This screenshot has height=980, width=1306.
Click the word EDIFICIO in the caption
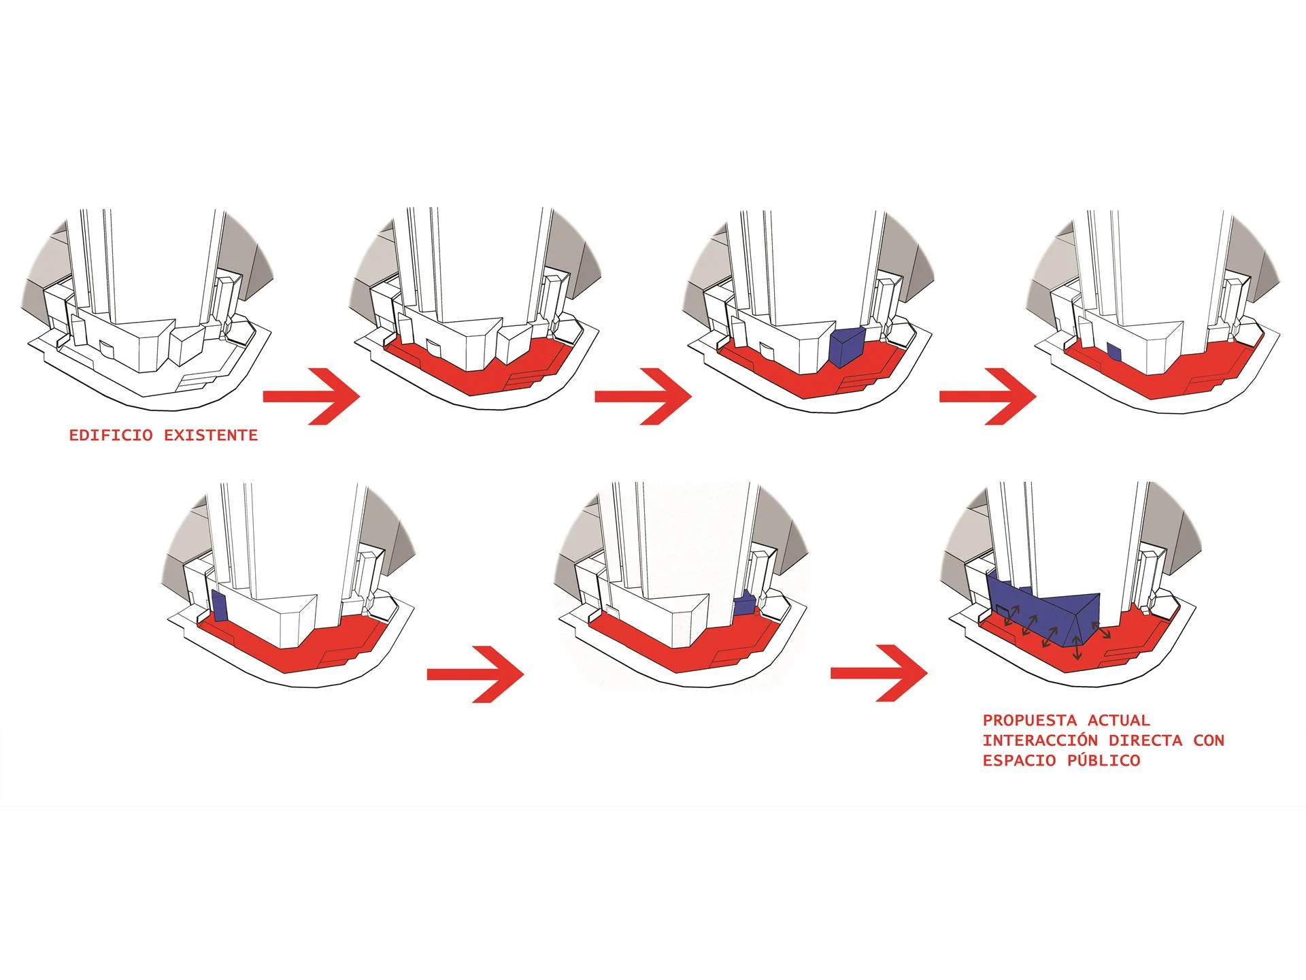111,436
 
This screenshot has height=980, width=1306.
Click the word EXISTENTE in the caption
211,436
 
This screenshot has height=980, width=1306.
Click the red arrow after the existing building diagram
311,397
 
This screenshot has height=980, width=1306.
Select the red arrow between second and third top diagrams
643,397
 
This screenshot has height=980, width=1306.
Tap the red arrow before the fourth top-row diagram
988,397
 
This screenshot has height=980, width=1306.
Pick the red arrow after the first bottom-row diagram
475,674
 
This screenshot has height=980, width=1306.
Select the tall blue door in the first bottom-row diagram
219,604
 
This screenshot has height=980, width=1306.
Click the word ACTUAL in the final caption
1118,721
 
